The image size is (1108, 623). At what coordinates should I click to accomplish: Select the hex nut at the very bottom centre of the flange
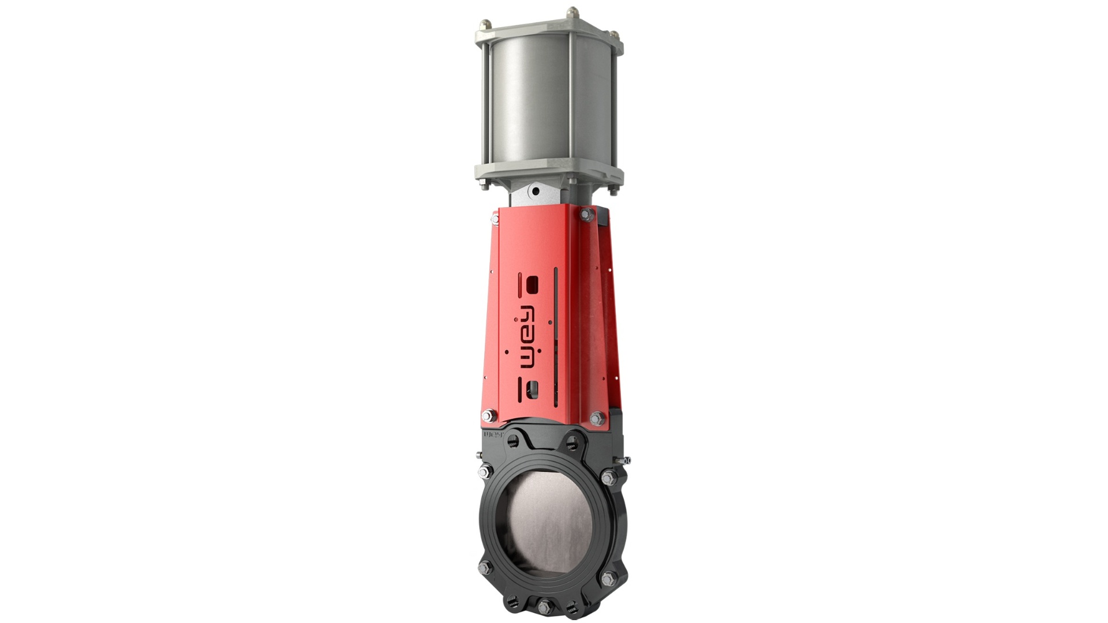pyautogui.click(x=543, y=606)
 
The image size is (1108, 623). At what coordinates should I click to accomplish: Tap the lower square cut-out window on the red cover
pyautogui.click(x=534, y=388)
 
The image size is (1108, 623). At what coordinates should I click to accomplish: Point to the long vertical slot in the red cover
pyautogui.click(x=555, y=335)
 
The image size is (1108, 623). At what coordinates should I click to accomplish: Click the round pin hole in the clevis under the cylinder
pyautogui.click(x=536, y=191)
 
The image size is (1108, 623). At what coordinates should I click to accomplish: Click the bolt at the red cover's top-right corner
pyautogui.click(x=587, y=215)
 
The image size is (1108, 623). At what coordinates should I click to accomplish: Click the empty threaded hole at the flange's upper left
pyautogui.click(x=511, y=442)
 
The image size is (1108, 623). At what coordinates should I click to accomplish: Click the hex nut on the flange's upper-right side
pyautogui.click(x=607, y=478)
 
